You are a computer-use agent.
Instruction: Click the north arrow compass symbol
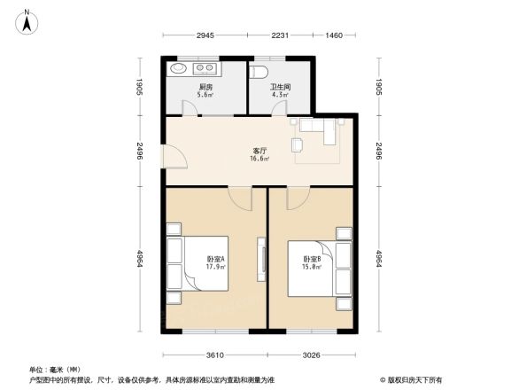[27, 19]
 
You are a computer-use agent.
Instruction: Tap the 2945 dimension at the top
[205, 35]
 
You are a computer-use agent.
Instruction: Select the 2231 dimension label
[280, 35]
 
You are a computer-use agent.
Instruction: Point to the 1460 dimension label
[333, 35]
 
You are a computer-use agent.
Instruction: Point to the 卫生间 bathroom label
[280, 86]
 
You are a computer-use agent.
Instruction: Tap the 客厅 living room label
[259, 152]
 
